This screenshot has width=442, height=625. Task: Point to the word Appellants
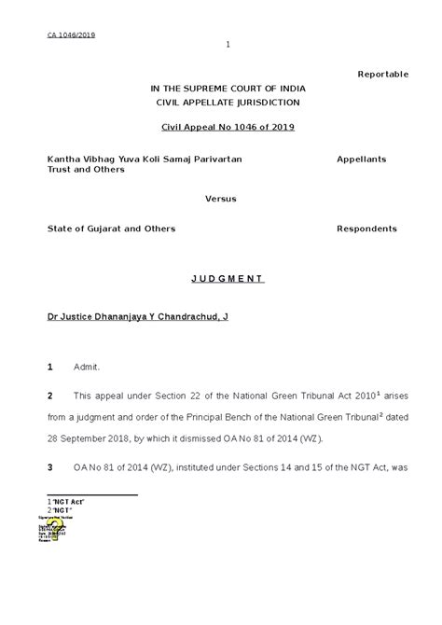361,160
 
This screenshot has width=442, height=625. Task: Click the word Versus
221,199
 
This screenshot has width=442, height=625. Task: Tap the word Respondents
366,229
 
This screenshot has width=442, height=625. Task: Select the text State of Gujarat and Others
112,229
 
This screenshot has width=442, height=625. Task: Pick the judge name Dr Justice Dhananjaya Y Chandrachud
137,317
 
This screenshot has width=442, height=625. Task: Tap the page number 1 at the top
228,45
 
